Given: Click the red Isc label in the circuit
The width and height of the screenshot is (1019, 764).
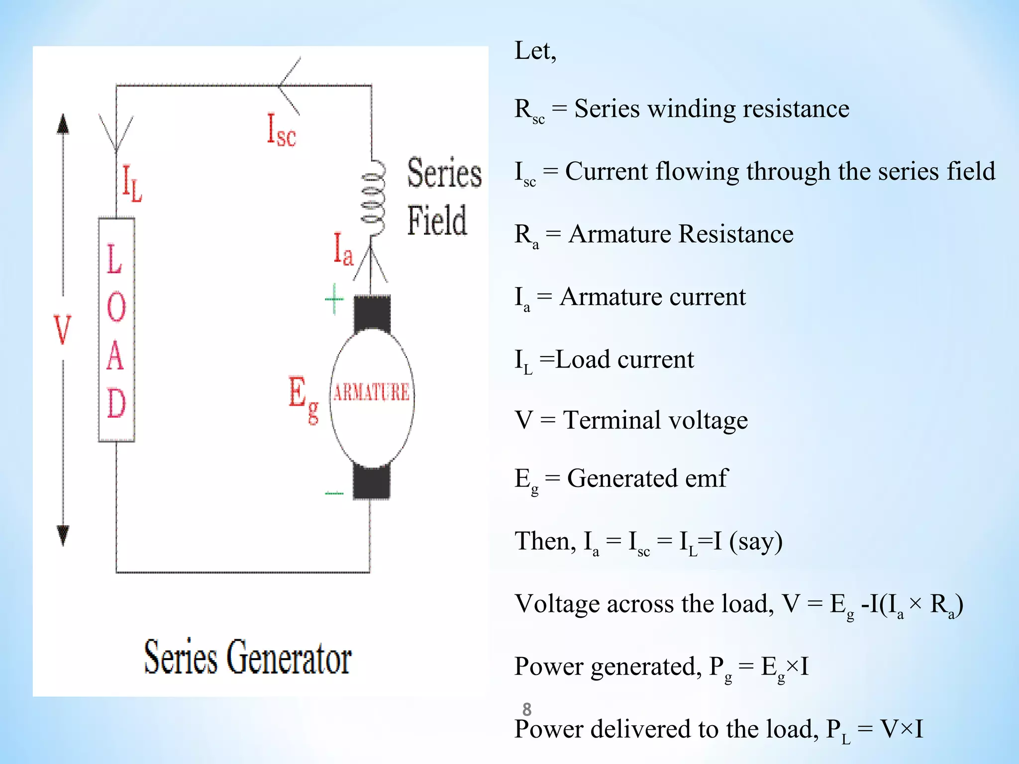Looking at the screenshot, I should (281, 130).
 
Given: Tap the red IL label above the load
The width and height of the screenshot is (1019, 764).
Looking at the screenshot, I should (132, 184).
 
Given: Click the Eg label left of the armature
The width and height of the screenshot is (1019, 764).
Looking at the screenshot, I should (303, 398).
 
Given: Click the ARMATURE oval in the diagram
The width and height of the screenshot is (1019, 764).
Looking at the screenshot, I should (372, 398).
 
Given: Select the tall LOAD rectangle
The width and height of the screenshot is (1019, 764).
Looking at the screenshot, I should (116, 330).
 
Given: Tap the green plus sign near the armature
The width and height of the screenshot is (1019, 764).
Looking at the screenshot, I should (334, 299).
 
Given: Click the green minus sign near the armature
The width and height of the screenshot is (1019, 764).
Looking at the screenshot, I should (334, 493).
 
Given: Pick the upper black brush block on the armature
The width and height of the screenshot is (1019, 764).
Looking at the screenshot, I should (372, 313).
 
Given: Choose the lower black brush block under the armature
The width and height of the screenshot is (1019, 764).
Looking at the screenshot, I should (372, 481).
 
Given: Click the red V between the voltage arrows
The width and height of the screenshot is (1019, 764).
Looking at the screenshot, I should (63, 329).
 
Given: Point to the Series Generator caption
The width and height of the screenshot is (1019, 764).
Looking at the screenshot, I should (248, 658).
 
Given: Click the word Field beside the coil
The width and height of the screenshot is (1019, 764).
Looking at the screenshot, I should (437, 220).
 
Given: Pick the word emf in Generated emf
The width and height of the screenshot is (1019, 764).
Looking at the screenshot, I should (707, 478).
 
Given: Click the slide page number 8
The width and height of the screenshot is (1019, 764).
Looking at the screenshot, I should (527, 709).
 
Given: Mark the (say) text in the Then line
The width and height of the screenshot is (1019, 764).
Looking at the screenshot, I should (756, 541).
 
